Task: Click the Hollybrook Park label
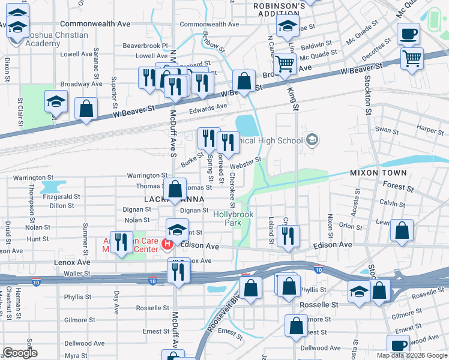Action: [234, 218]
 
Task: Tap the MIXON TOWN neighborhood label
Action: [378, 173]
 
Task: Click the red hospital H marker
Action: [167, 245]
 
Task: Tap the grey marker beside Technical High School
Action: [312, 140]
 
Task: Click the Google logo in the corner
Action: [19, 353]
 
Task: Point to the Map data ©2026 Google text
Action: [412, 355]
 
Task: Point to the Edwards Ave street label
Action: [208, 107]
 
